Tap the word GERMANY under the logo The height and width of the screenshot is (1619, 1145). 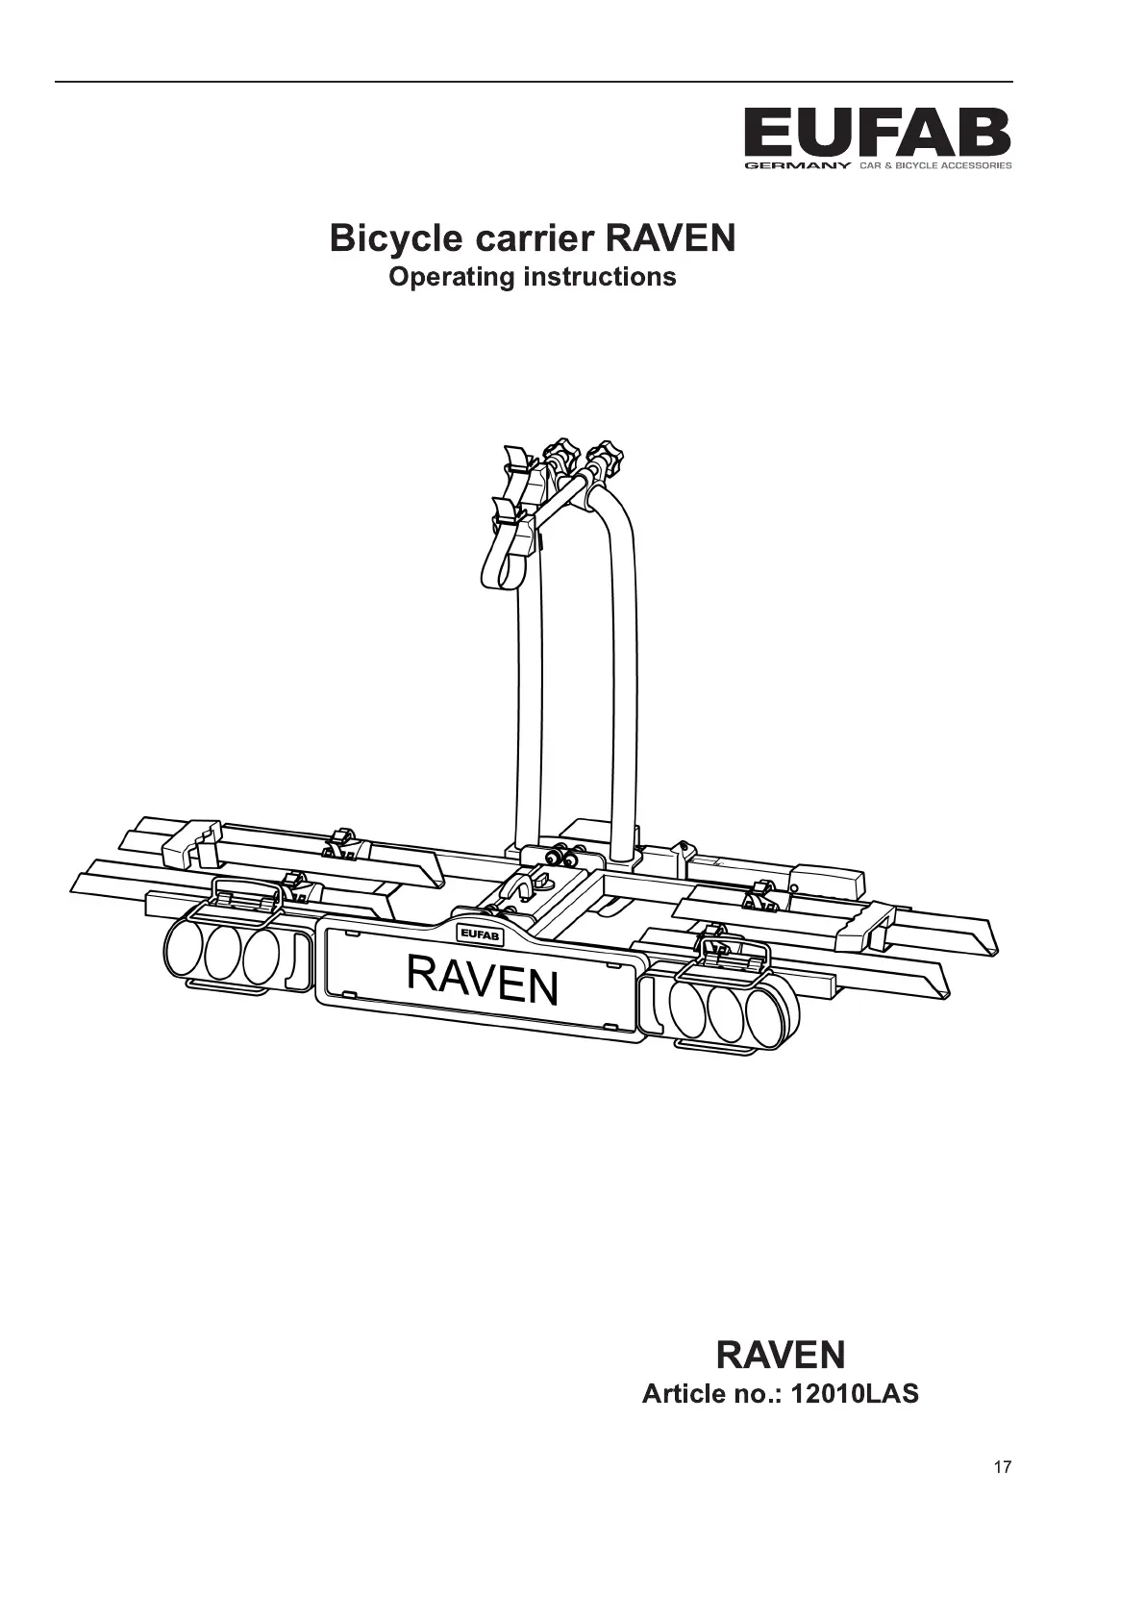coord(797,166)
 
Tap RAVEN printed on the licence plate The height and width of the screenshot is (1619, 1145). coord(482,979)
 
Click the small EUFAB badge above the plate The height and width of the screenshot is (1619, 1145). coord(478,933)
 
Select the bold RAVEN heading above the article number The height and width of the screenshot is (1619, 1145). coord(781,1355)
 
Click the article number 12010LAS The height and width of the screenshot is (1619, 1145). coord(855,1393)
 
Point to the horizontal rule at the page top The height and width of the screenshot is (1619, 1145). coord(534,82)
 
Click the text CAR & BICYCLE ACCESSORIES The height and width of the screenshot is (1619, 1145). coord(934,166)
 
